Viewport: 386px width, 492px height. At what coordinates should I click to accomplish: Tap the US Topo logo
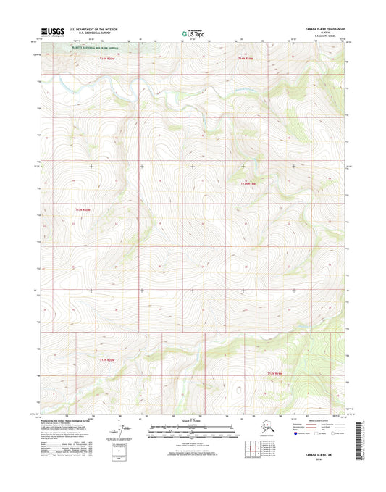point(193,32)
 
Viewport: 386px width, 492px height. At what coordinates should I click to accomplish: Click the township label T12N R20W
point(106,360)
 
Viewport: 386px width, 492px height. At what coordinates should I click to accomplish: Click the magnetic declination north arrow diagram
point(125,428)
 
